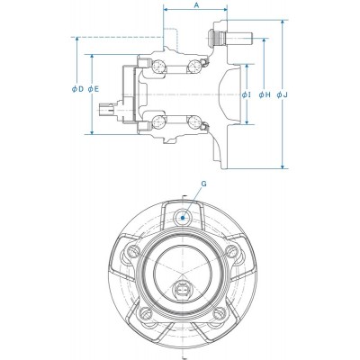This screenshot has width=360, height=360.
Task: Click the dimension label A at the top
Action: pyautogui.click(x=196, y=6)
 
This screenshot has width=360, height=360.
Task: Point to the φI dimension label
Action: pyautogui.click(x=247, y=94)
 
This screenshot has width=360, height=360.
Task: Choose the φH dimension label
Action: pyautogui.click(x=264, y=94)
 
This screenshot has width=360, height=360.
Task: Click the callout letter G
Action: pyautogui.click(x=203, y=183)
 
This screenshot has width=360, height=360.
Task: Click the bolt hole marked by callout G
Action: pyautogui.click(x=183, y=217)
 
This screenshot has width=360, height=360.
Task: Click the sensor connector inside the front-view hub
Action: pyautogui.click(x=183, y=291)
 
